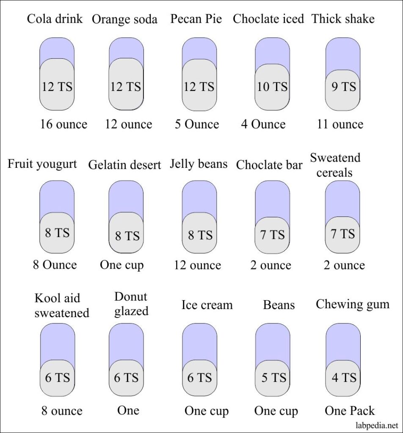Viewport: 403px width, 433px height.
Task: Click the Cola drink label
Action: click(55, 19)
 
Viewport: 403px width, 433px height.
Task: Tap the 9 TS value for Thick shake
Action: click(343, 87)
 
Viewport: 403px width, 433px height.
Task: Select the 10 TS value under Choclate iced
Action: click(272, 87)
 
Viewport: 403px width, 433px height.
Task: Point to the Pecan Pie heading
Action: click(196, 19)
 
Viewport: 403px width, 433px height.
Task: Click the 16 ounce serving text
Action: click(63, 124)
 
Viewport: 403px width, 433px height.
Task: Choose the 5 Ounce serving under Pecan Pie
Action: click(197, 124)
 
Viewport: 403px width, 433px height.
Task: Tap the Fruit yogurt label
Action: click(42, 164)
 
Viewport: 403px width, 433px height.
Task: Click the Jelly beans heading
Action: click(199, 164)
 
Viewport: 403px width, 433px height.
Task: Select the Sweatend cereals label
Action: click(335, 165)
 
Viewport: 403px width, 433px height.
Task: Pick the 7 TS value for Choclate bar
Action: click(272, 234)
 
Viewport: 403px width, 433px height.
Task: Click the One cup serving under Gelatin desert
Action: click(122, 265)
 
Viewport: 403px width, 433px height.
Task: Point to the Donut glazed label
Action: click(131, 304)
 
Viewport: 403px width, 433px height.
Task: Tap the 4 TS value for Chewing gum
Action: click(344, 378)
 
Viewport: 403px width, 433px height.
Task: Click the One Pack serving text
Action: click(350, 411)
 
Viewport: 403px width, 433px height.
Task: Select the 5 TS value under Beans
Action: click(273, 378)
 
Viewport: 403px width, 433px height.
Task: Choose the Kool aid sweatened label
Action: click(62, 305)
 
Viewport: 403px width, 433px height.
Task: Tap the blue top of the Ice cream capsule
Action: click(199, 340)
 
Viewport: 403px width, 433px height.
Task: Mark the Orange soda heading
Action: click(124, 19)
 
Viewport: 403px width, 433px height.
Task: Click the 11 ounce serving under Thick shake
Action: click(340, 124)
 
